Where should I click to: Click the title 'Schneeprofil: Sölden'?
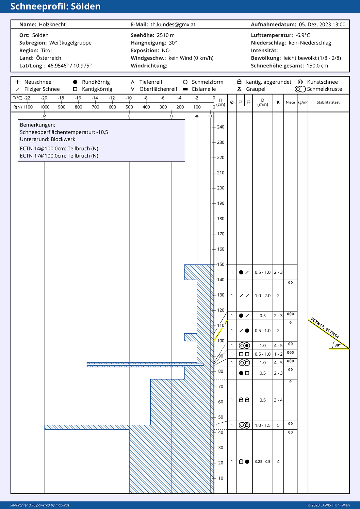55,6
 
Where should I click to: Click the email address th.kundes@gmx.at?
173,24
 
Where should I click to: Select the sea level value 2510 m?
165,35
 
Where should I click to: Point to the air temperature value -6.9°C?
302,35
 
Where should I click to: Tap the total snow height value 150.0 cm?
317,66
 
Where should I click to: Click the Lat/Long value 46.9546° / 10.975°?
69,66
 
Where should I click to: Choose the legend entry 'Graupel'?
256,89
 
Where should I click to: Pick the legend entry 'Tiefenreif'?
151,82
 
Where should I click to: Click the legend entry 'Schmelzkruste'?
324,89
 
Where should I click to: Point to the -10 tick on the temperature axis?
129,98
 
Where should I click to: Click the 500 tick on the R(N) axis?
129,107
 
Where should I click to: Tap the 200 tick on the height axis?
220,188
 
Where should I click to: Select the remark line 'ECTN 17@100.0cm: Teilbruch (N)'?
59,156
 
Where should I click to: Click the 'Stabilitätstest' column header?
328,102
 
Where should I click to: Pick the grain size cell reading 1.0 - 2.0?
263,296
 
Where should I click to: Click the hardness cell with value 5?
278,425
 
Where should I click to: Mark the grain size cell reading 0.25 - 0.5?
263,462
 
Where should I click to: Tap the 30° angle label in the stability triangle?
337,345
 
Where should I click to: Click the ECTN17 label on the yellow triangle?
317,323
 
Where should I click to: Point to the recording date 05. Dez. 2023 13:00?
322,24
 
